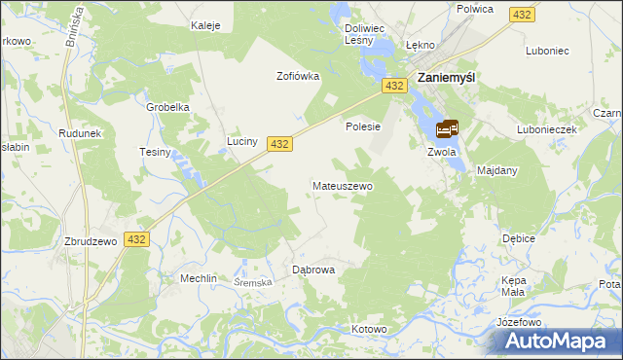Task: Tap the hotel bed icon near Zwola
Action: pos(448,128)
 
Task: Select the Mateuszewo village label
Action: pos(342,185)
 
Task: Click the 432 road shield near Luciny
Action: pos(279,144)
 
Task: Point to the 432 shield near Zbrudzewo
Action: pos(136,239)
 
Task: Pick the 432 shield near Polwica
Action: pos(523,15)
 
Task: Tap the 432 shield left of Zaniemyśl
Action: pos(394,87)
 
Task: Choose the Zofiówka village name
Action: pos(298,77)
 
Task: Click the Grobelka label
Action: pos(167,108)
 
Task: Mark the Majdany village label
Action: pos(497,170)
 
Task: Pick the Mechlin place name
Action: pos(198,278)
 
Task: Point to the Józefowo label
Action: pos(518,321)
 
